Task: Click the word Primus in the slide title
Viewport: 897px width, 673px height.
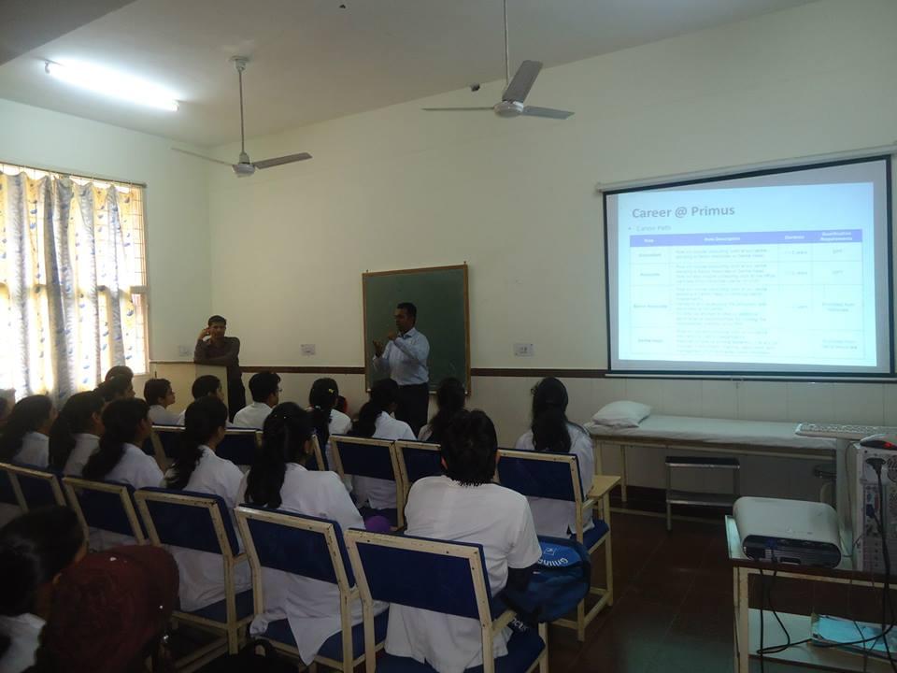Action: pyautogui.click(x=706, y=212)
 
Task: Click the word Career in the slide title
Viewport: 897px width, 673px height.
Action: pyautogui.click(x=651, y=212)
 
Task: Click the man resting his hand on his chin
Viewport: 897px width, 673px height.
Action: pyautogui.click(x=218, y=355)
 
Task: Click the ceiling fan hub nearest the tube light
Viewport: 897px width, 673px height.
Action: pyautogui.click(x=244, y=168)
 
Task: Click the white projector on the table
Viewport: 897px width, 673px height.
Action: pyautogui.click(x=787, y=530)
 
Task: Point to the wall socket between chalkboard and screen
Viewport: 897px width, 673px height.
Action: pyautogui.click(x=523, y=350)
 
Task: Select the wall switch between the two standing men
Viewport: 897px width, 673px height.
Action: pyautogui.click(x=308, y=350)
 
